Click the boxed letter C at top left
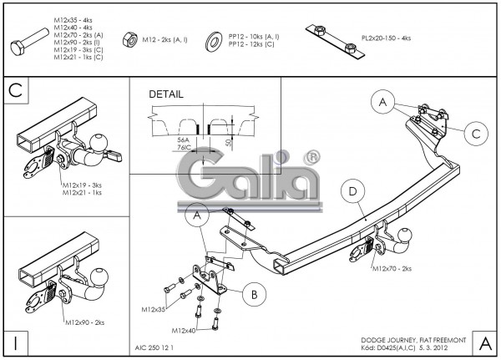15,90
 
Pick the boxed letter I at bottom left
15,342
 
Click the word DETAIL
165,94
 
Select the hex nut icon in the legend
130,38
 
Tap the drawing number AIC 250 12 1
154,347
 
